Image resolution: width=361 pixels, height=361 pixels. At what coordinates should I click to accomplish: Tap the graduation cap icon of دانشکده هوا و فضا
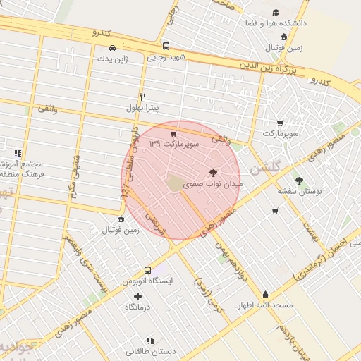click(x=276, y=12)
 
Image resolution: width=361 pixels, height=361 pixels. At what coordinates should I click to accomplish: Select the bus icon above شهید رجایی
click(x=165, y=47)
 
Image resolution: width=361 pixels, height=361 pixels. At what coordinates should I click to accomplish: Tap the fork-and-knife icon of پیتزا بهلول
click(x=143, y=97)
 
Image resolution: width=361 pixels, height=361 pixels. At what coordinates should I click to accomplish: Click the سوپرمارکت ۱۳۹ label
click(x=174, y=144)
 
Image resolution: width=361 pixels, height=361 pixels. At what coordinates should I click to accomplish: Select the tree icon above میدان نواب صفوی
click(x=213, y=172)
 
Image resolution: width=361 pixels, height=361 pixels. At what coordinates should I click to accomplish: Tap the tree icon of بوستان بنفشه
click(x=299, y=180)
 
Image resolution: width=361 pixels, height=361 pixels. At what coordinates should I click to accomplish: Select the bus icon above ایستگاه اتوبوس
click(x=147, y=270)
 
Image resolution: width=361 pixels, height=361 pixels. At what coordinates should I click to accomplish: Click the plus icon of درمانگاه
click(x=137, y=296)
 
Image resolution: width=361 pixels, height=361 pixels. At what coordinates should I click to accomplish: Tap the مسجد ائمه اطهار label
click(x=265, y=305)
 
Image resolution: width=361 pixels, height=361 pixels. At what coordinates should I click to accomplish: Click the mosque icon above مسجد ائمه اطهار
click(x=265, y=295)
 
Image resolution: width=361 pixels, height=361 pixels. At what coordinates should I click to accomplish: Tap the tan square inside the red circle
click(x=174, y=183)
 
